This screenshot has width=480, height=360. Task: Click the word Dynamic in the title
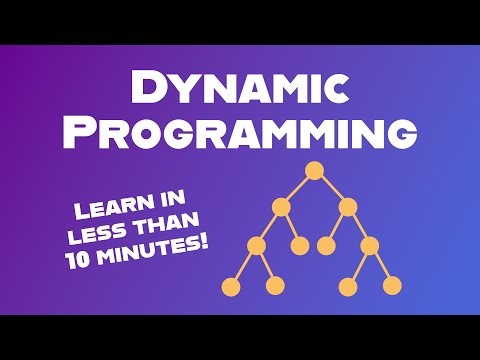240,89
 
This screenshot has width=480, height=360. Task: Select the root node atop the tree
314,171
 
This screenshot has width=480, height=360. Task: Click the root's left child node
281,208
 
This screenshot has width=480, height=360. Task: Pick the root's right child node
347,208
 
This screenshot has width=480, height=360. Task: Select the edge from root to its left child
298,189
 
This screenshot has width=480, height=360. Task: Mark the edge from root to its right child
330,189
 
